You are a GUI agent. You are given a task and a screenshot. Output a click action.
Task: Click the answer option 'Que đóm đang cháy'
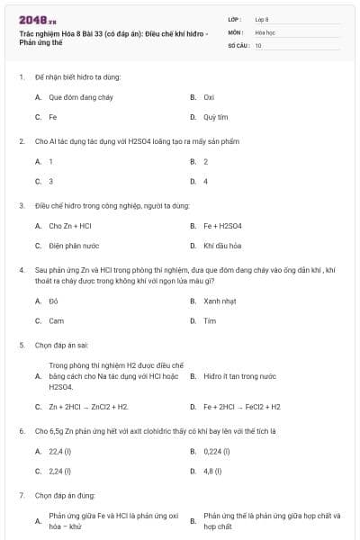73,97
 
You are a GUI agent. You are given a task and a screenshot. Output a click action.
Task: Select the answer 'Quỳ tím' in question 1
215,117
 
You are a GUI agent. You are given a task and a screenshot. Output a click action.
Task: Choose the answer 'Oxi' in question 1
209,97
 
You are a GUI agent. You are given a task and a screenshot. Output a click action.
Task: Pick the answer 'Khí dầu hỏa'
220,246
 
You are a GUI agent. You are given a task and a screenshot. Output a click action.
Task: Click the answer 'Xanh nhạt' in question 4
220,301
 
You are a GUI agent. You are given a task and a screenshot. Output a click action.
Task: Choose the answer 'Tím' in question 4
210,321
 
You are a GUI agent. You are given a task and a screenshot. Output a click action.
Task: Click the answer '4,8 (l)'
213,471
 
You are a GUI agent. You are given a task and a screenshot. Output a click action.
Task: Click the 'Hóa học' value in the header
265,31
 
